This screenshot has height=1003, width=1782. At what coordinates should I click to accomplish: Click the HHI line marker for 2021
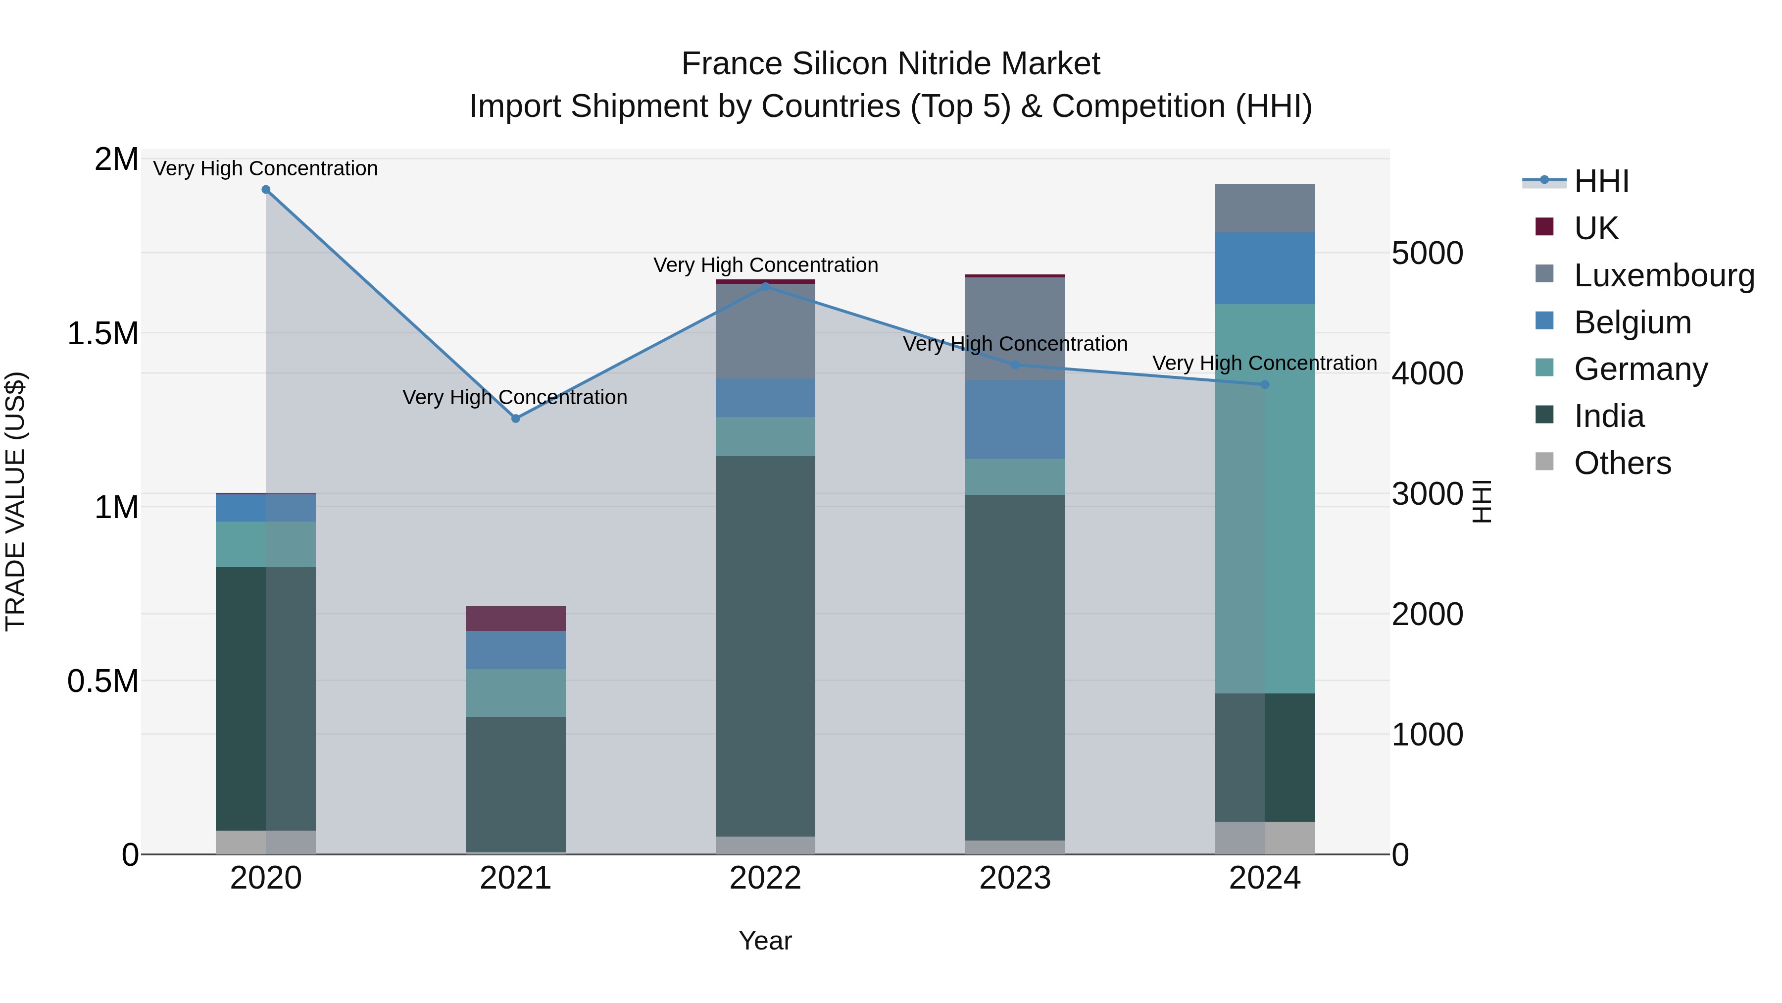click(x=515, y=418)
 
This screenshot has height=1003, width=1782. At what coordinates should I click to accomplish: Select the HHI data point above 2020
click(x=266, y=190)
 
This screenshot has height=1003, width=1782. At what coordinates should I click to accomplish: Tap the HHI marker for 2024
click(x=1265, y=384)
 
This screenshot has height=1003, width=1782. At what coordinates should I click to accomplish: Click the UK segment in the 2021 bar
click(x=515, y=618)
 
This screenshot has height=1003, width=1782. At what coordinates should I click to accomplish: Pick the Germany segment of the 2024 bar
click(x=1265, y=498)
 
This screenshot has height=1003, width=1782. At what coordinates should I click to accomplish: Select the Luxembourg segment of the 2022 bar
click(x=765, y=331)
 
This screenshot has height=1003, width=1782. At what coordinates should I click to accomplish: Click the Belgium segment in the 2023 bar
click(x=1015, y=419)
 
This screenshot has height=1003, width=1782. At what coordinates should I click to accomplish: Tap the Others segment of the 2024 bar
click(x=1265, y=838)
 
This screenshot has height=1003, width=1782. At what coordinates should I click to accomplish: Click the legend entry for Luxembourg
click(x=1664, y=275)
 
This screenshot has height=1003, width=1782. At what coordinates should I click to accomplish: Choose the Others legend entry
click(x=1622, y=463)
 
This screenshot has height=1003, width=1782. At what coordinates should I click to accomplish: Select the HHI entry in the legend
click(x=1601, y=181)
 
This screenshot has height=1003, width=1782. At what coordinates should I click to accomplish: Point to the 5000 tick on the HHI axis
click(x=1427, y=253)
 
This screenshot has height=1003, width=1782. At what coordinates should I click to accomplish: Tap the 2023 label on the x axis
click(x=1015, y=878)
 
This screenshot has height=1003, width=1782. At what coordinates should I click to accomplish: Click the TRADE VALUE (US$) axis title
click(x=15, y=501)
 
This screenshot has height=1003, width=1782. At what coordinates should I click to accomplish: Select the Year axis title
click(x=765, y=941)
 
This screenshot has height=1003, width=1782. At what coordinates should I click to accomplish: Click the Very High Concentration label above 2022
click(x=765, y=265)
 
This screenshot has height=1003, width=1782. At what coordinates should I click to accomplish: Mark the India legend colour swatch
click(x=1544, y=415)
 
